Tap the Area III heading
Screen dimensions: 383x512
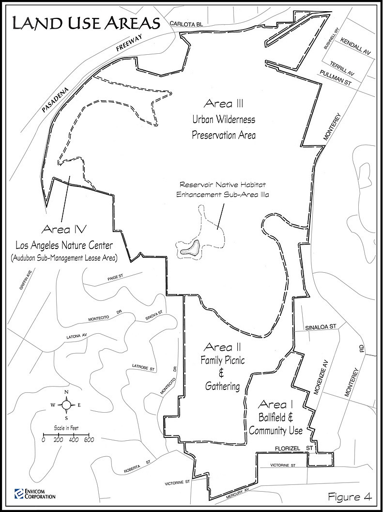tap(223, 103)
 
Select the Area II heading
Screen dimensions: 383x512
tap(222, 347)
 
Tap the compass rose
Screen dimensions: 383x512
tap(66, 404)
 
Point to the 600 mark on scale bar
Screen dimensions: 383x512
tap(89, 440)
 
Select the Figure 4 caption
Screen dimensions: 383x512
tap(350, 497)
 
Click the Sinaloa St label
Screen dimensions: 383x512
tap(321, 328)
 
